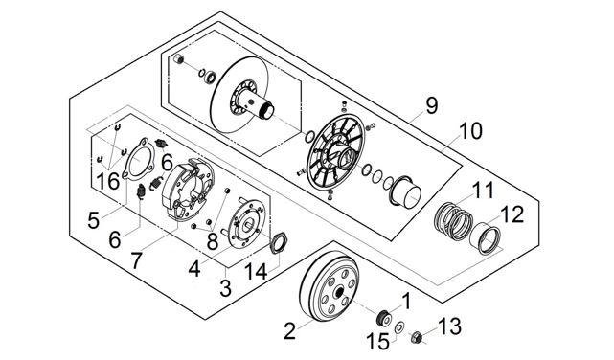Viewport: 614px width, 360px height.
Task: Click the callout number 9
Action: click(431, 105)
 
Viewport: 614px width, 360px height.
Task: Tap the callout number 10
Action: click(470, 131)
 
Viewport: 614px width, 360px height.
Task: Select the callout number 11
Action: click(483, 191)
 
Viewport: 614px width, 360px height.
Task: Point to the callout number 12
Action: click(512, 214)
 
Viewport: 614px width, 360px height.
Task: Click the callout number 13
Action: click(449, 326)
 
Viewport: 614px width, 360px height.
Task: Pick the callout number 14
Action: click(256, 271)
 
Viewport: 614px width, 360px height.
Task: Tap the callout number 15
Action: click(377, 341)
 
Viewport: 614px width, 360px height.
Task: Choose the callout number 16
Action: click(108, 181)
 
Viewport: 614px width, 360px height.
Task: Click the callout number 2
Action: click(289, 331)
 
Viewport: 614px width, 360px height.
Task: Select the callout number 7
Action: click(135, 260)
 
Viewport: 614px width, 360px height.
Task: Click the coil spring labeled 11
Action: click(453, 220)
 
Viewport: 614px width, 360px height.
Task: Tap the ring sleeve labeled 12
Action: click(486, 238)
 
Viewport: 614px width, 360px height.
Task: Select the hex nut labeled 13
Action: click(417, 336)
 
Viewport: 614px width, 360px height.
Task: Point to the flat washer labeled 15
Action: click(399, 327)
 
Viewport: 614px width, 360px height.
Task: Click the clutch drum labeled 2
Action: click(330, 287)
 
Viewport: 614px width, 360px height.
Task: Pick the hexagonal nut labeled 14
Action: click(278, 242)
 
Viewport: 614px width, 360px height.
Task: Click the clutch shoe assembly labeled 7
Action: click(187, 189)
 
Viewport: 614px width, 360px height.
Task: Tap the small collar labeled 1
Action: click(383, 318)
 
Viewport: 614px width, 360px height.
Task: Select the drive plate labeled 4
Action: click(246, 223)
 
